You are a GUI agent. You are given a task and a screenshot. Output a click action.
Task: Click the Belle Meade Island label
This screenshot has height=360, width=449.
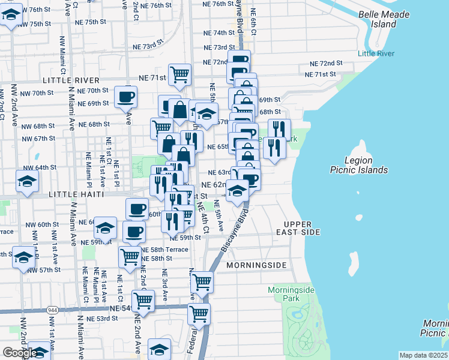[x=384, y=19]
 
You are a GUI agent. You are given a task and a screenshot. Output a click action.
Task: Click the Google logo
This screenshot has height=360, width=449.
[x=20, y=353]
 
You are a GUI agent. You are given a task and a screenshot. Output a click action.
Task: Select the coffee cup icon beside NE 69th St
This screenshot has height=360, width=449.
[x=125, y=97]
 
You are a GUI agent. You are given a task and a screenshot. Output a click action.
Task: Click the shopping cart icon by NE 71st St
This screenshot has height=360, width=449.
[x=179, y=75]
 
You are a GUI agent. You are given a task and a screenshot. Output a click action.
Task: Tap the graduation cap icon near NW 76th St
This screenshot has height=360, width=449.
[x=11, y=16]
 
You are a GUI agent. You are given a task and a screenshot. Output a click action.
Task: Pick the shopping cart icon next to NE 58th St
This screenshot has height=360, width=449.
[x=130, y=257]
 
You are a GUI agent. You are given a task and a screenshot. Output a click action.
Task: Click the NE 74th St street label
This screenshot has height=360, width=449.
[x=218, y=33]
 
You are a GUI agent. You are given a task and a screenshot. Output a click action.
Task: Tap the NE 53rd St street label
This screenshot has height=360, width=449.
[x=102, y=319]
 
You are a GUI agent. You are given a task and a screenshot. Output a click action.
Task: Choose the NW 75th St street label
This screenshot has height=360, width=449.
[x=35, y=23]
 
